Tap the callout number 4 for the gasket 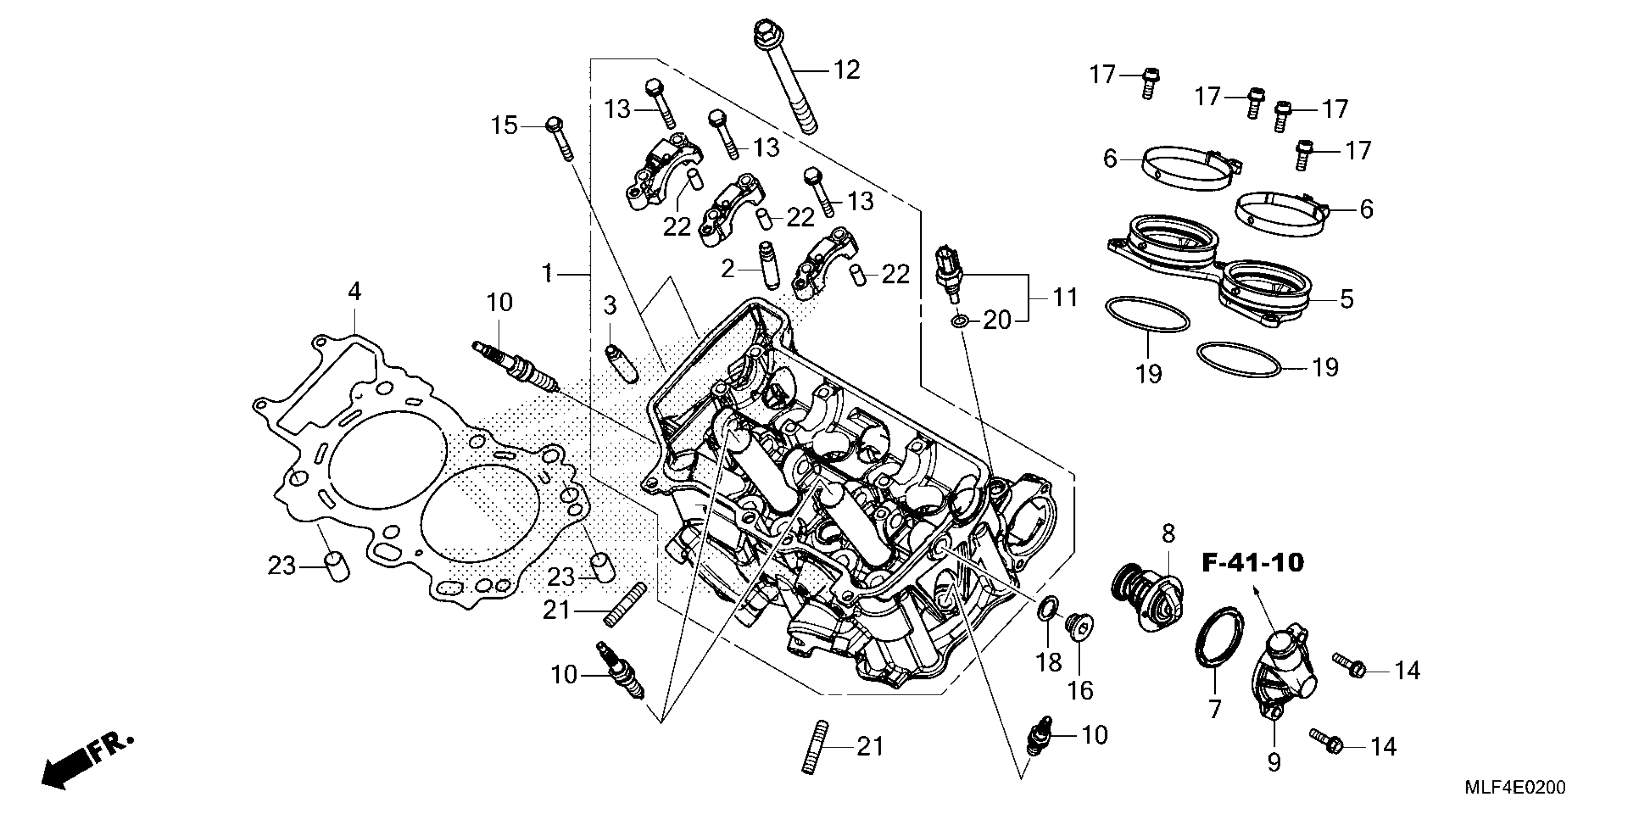[x=354, y=292]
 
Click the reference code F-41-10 [x=1253, y=563]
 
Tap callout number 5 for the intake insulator [x=1347, y=299]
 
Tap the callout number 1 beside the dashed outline [x=547, y=274]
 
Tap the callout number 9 [x=1274, y=762]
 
